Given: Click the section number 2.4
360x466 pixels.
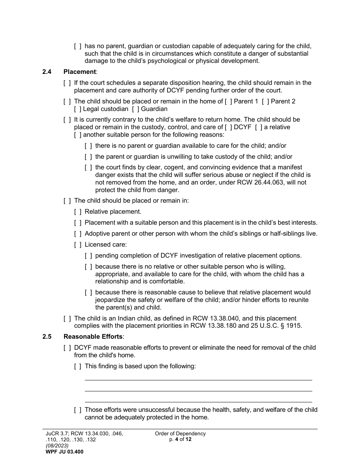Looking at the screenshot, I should tap(47, 72).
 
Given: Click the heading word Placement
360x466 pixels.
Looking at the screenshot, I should tap(80, 72).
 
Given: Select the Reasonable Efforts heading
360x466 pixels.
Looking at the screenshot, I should tap(93, 336).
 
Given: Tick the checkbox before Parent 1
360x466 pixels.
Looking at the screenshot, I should tap(229, 101).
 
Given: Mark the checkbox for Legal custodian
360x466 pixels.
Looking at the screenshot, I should tap(77, 109).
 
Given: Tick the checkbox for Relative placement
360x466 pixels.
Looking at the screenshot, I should tap(77, 212).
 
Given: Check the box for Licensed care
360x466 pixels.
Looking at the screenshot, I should tap(77, 245).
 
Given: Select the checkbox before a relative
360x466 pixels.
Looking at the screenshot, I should tap(258, 127).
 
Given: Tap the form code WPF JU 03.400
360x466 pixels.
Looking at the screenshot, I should tap(64, 452).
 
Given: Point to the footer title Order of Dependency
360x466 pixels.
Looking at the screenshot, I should tap(180, 434).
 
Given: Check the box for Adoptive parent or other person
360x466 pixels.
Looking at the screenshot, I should tap(77, 234).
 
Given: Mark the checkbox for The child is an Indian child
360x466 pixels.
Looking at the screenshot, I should tap(67, 319).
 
